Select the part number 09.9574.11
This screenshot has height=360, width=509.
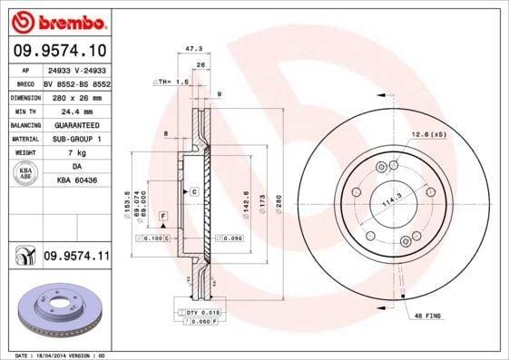[x=77, y=257]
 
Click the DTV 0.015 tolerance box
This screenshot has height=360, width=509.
[x=204, y=312]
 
